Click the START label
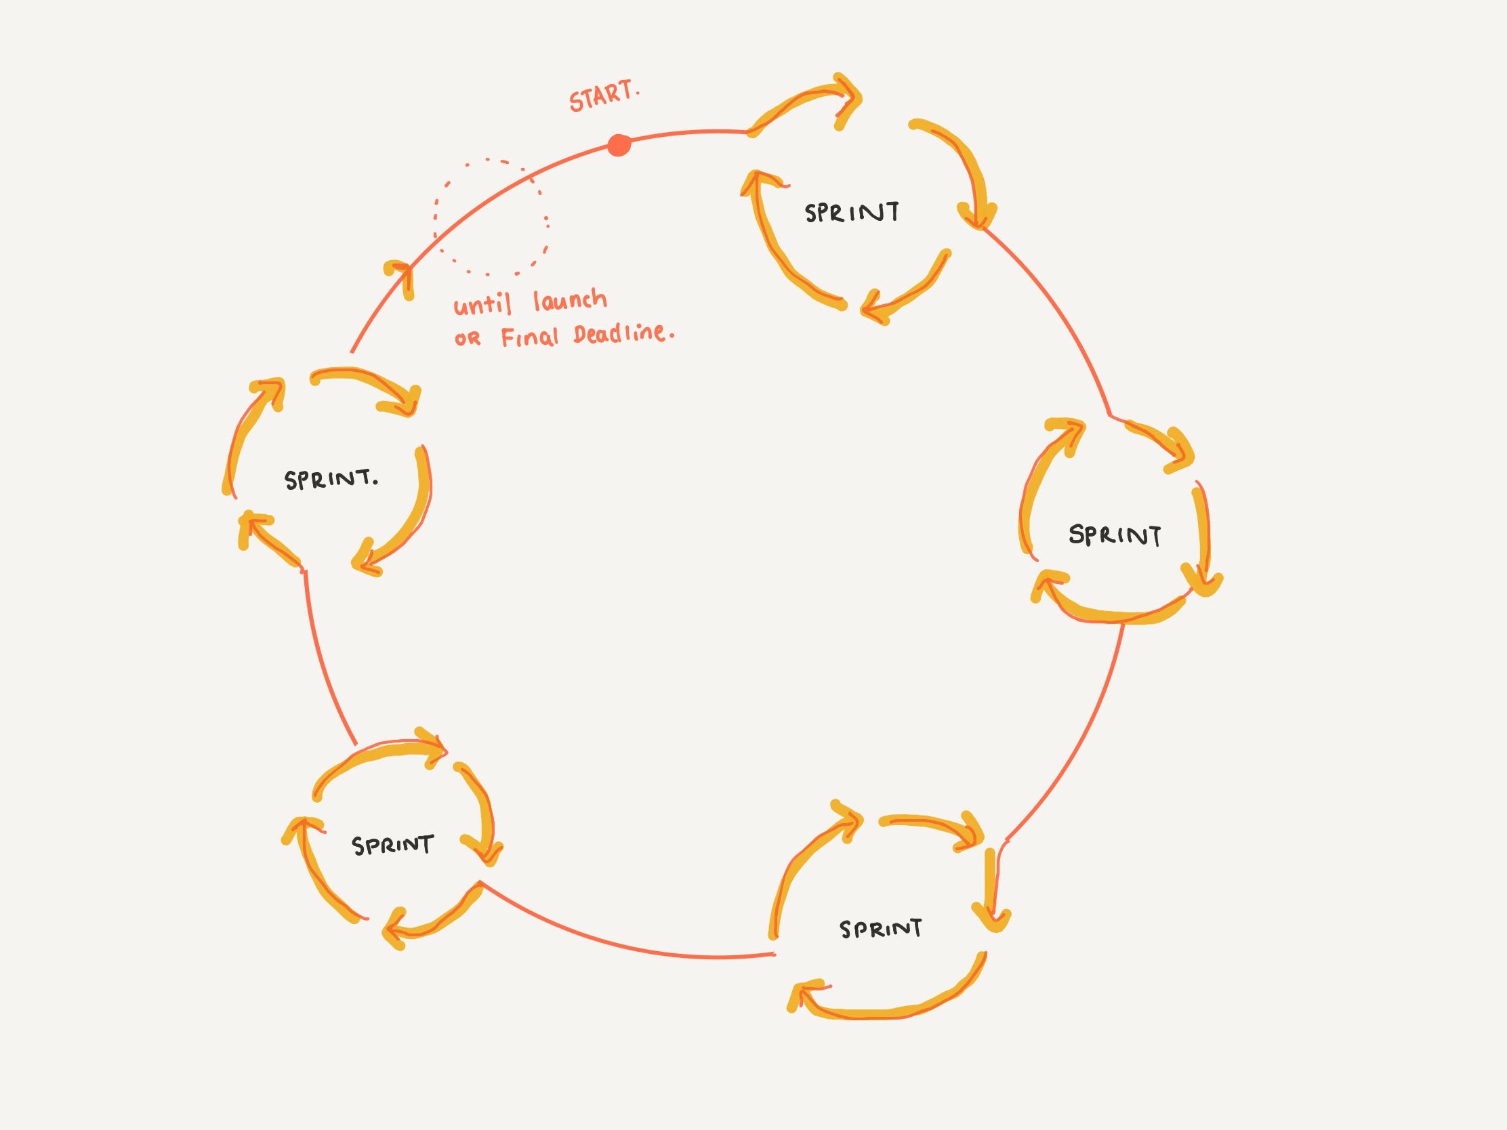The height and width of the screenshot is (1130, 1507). click(604, 98)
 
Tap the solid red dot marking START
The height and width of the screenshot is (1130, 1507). click(619, 145)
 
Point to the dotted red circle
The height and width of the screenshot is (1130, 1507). click(491, 217)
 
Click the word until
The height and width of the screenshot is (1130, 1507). click(482, 304)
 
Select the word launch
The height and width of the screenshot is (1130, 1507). click(570, 299)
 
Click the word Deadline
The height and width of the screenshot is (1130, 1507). click(621, 334)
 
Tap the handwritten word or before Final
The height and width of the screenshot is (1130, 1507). click(468, 339)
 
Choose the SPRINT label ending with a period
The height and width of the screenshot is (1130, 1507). click(331, 479)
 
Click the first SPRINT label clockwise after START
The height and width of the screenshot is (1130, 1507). click(852, 213)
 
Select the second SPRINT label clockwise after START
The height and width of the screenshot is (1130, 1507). click(1115, 535)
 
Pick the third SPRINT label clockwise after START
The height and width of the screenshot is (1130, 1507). click(881, 929)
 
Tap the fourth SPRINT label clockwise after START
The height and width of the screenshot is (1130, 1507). click(392, 845)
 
